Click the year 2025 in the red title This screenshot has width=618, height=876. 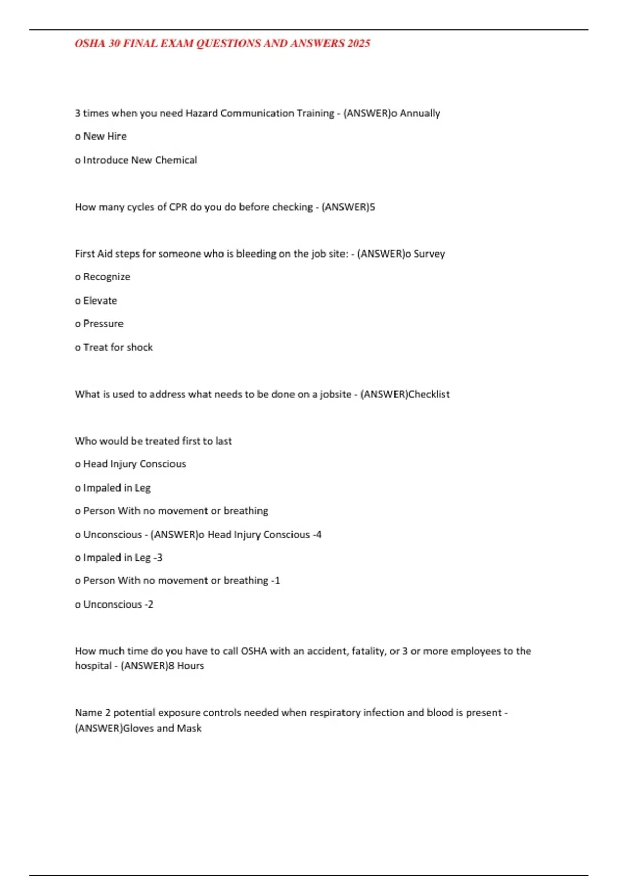tap(358, 43)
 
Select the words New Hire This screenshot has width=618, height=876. tap(105, 137)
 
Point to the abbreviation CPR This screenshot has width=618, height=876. tap(178, 207)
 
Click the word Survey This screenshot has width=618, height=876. tap(429, 254)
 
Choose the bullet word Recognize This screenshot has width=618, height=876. tap(107, 277)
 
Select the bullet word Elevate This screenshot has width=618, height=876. tap(100, 300)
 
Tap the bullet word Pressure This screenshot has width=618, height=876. tap(103, 324)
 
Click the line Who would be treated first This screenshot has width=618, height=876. tap(153, 441)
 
